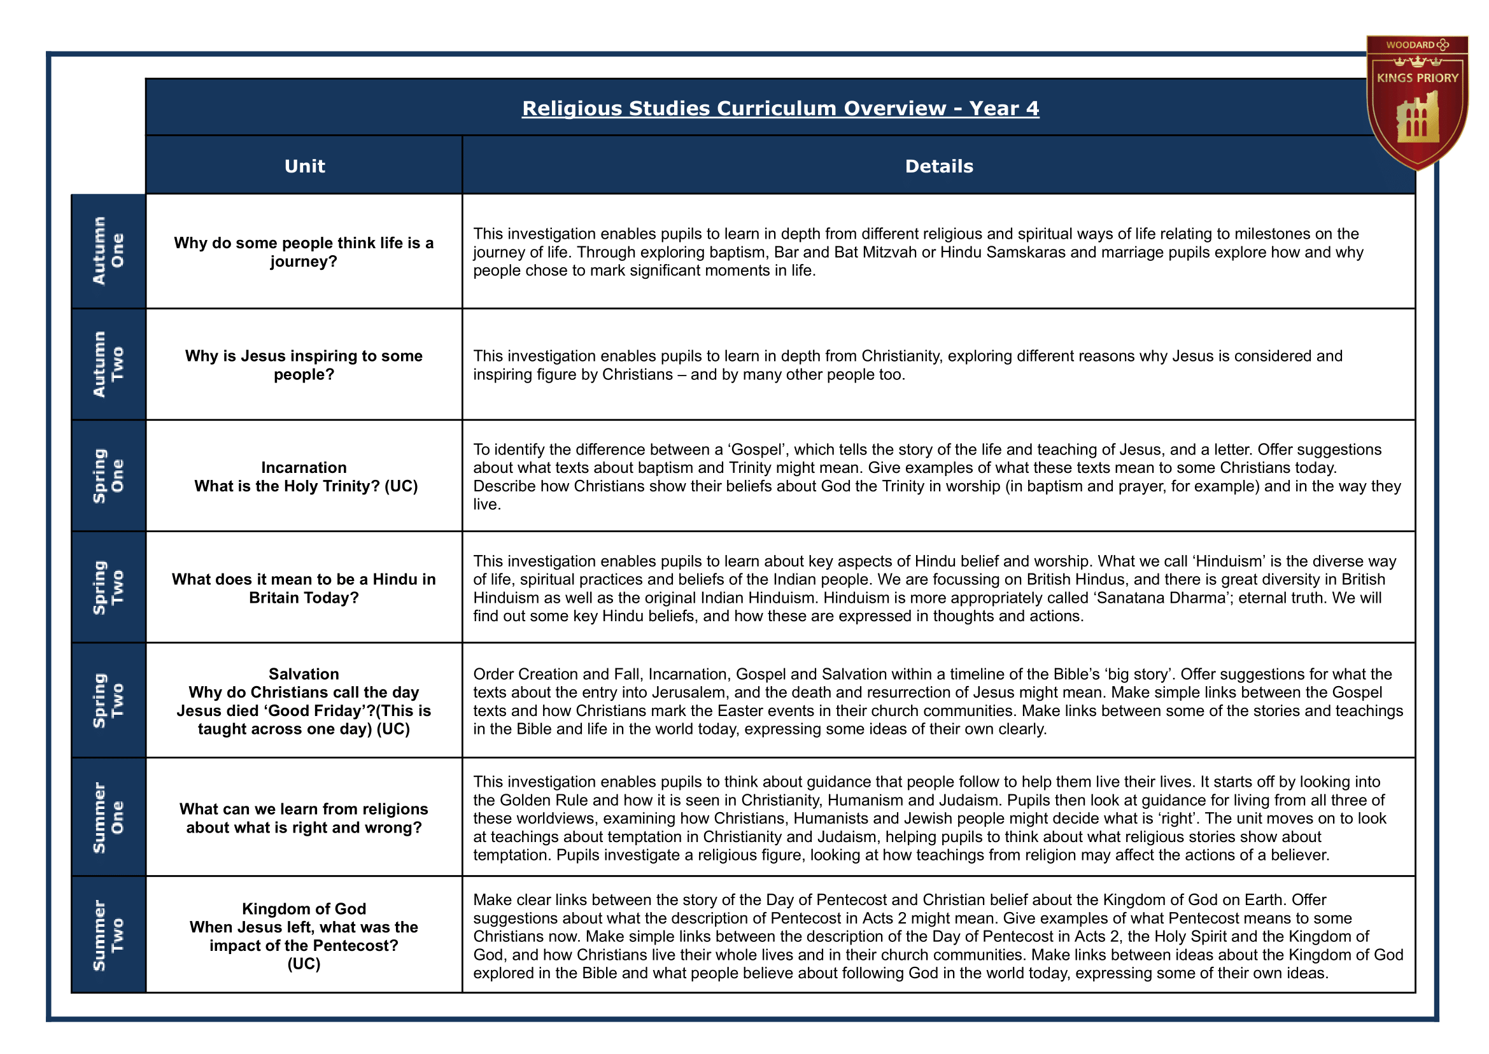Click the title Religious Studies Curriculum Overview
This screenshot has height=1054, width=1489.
pos(733,108)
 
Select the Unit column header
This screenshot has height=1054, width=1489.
pos(304,166)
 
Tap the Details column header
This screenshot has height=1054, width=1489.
pos(938,166)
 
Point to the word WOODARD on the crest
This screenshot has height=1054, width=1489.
pos(1409,45)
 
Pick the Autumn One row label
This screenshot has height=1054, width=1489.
pos(108,251)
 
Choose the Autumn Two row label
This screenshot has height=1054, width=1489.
pos(108,364)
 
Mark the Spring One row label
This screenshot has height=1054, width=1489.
pos(108,475)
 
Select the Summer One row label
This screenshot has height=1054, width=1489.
pos(108,817)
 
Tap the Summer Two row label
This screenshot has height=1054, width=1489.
pos(108,934)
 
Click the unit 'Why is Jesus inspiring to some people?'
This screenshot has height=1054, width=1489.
pos(304,365)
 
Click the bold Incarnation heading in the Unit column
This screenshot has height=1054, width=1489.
pos(304,467)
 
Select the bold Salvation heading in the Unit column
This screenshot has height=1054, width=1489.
pos(304,673)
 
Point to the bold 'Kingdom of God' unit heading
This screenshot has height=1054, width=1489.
pos(304,909)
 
